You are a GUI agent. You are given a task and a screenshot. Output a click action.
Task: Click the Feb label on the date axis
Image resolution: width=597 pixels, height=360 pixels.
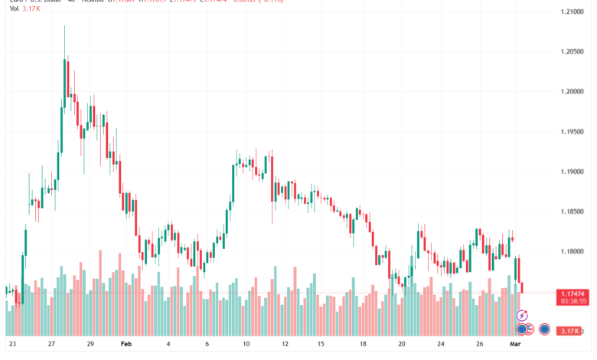coord(126,345)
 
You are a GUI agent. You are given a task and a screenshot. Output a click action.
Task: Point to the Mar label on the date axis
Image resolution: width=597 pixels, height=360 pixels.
coord(515,345)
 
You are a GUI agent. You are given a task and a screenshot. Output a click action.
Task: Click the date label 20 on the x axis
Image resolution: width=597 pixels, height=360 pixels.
coord(403,345)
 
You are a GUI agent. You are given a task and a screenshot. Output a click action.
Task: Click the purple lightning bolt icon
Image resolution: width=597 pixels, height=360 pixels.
coord(523,315)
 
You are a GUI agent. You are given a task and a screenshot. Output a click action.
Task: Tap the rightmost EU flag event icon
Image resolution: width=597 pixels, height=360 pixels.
coord(544,329)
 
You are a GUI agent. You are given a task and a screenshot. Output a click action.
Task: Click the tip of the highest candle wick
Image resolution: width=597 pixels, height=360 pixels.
coord(64,25)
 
